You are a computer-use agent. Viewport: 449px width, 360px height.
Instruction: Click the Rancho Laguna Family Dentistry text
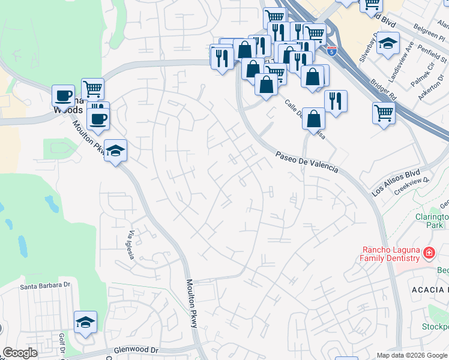point(390,254)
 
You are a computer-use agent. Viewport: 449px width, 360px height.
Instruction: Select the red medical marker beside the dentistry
point(428,254)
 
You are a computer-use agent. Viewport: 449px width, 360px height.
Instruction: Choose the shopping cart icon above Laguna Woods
point(92,90)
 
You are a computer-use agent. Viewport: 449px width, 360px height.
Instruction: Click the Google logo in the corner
point(20,353)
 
